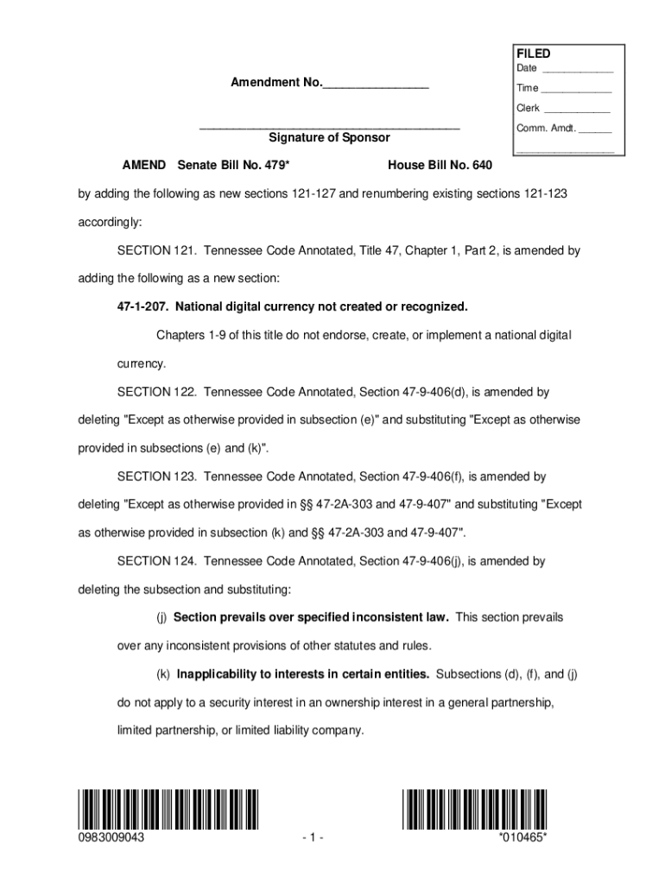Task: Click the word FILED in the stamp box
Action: (534, 54)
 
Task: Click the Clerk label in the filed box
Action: (528, 109)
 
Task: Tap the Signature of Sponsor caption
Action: (329, 138)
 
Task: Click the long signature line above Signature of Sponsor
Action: (329, 128)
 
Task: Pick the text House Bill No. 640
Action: (440, 165)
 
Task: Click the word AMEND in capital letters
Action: (144, 165)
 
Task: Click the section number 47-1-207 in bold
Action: (141, 306)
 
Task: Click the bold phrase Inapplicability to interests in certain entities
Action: (303, 673)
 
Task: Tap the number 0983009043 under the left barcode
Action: (111, 837)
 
